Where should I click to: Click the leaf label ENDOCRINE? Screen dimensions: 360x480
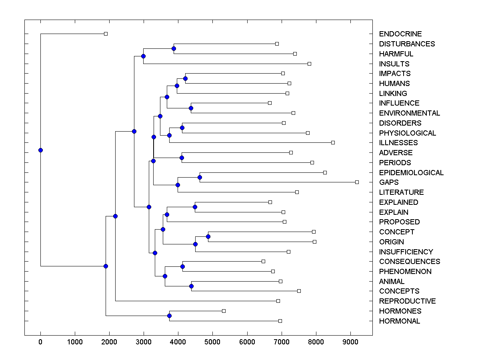[400, 34]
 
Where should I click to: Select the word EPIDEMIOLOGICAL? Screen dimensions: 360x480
[411, 173]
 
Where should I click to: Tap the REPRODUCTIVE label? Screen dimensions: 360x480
[407, 301]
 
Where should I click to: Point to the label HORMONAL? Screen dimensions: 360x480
[399, 321]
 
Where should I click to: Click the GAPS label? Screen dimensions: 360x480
[389, 182]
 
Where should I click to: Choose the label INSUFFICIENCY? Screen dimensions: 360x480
[406, 252]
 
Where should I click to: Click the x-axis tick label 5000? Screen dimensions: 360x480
[212, 341]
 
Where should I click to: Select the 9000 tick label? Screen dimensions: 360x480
[350, 341]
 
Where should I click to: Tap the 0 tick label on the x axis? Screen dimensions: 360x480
[40, 341]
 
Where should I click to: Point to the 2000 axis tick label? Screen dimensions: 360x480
[109, 341]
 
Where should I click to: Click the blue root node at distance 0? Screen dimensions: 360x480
[40, 150]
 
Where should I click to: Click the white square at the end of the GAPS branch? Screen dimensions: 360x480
[357, 182]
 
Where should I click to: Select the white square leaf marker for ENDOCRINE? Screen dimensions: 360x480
[106, 34]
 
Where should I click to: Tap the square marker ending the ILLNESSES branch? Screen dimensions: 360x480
[333, 142]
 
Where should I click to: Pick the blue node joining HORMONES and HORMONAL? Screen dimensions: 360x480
[169, 316]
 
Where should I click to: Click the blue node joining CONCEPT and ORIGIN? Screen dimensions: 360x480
[208, 236]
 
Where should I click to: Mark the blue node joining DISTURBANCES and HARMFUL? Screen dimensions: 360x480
[174, 48]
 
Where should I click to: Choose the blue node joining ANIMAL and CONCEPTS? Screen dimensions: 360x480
[191, 286]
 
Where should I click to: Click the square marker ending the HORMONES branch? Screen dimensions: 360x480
[224, 311]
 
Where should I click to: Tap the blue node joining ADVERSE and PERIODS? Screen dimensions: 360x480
[182, 158]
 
